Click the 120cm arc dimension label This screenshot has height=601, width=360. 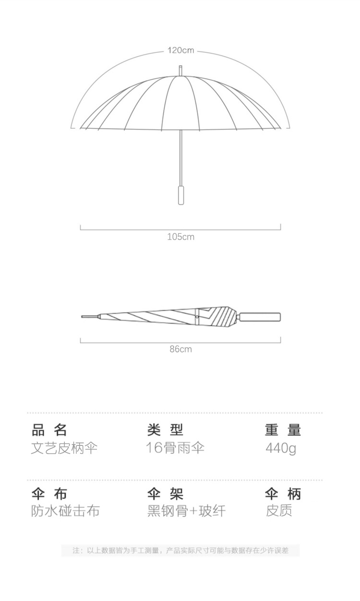click(x=180, y=50)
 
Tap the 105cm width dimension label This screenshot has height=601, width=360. click(x=180, y=237)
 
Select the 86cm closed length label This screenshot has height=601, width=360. click(x=180, y=349)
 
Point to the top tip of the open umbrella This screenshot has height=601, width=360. click(x=180, y=70)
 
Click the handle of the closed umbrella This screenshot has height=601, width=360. click(x=261, y=317)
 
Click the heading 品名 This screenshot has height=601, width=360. click(x=49, y=430)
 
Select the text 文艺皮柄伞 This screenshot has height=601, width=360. click(x=64, y=448)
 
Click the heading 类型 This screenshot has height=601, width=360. click(x=166, y=430)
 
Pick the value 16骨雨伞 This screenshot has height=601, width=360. click(x=175, y=448)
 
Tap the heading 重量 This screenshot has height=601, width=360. click(x=283, y=430)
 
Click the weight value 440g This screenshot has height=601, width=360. click(x=281, y=448)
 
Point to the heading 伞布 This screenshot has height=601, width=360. click(x=49, y=493)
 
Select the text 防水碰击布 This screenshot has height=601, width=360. click(x=65, y=511)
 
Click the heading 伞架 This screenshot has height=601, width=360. click(x=166, y=493)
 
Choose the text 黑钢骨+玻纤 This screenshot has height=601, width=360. click(x=186, y=511)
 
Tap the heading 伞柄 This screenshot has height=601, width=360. click(x=283, y=493)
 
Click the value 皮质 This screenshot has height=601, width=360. click(x=279, y=511)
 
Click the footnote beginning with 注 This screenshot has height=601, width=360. click(x=180, y=550)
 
